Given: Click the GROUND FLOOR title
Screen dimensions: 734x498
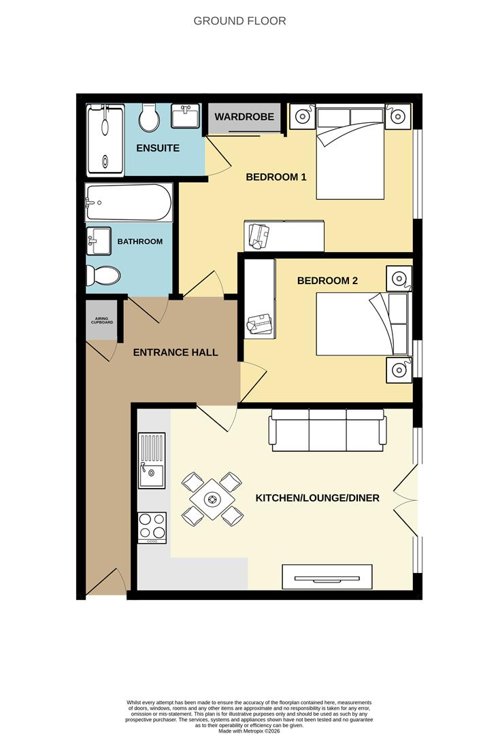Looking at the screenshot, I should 239,21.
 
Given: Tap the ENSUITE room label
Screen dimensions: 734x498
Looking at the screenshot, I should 158,147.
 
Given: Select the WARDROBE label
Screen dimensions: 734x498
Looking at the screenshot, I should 244,117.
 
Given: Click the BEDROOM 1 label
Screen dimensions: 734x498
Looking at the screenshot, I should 276,177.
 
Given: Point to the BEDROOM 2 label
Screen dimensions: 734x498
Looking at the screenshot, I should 327,280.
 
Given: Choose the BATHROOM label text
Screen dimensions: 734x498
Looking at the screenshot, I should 139,241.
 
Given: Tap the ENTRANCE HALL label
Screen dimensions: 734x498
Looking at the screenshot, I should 175,352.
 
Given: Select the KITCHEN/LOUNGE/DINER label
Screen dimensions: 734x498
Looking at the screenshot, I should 317,498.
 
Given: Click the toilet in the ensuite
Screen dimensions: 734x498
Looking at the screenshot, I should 148,119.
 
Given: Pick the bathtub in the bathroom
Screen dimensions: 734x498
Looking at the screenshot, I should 127,203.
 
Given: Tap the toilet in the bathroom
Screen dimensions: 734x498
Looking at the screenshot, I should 103,275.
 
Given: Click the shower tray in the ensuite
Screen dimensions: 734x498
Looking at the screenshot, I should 105,139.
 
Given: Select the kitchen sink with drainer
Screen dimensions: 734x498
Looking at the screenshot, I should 151,461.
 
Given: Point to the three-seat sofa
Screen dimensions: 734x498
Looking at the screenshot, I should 328,430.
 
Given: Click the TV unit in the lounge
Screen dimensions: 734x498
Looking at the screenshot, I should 327,577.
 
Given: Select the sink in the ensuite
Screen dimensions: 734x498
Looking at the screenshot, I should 184,116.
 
